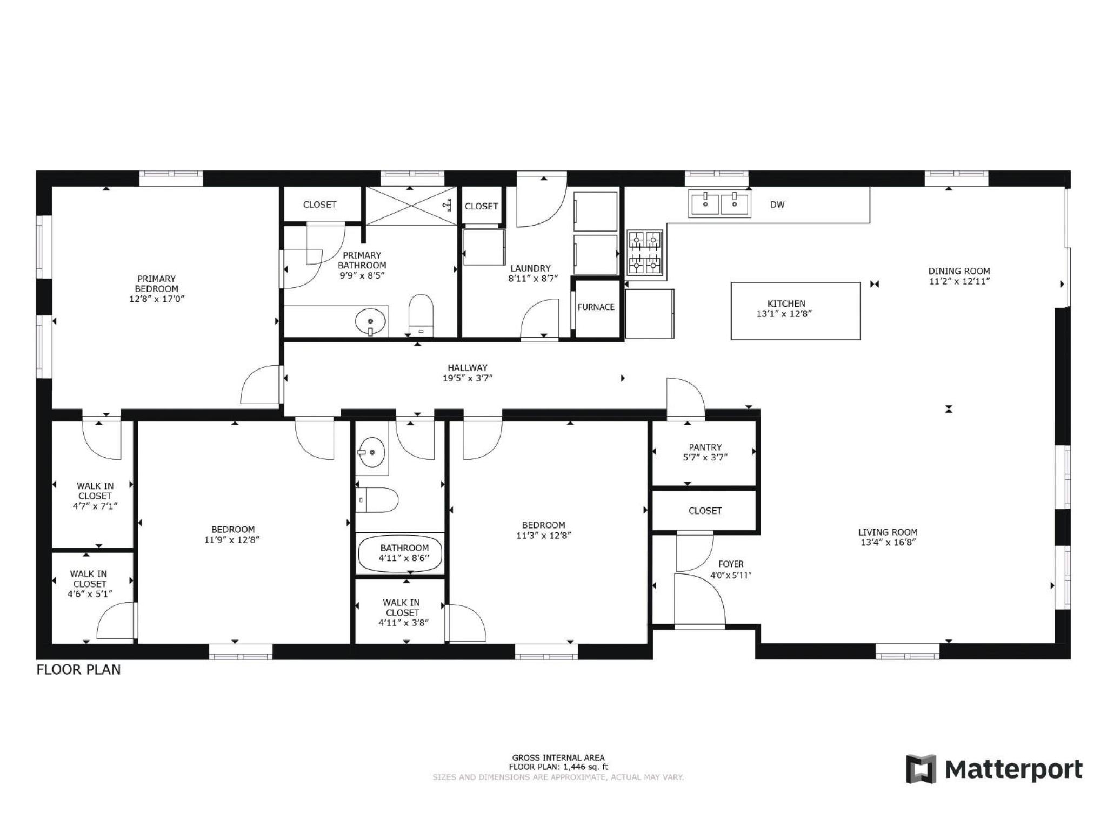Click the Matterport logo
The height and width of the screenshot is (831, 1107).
pyautogui.click(x=994, y=769)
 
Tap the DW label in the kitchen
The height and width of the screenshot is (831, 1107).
pyautogui.click(x=777, y=205)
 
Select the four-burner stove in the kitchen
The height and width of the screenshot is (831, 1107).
pyautogui.click(x=645, y=253)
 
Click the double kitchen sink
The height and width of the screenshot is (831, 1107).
pyautogui.click(x=719, y=205)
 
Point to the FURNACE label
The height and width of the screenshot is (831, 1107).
pyautogui.click(x=596, y=307)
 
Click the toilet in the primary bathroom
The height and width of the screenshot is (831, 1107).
pyautogui.click(x=422, y=315)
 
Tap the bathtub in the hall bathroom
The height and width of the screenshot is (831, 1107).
pyautogui.click(x=400, y=553)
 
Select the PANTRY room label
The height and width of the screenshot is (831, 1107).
pyautogui.click(x=705, y=447)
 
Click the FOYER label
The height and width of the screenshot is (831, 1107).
pyautogui.click(x=731, y=564)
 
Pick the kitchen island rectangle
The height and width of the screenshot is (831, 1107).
pyautogui.click(x=796, y=311)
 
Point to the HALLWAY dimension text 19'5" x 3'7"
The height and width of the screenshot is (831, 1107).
pyautogui.click(x=468, y=378)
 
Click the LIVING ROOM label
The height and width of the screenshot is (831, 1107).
pyautogui.click(x=888, y=532)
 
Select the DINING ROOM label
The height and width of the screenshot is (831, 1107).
pyautogui.click(x=959, y=271)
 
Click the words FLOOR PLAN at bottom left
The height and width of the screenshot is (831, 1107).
pyautogui.click(x=78, y=670)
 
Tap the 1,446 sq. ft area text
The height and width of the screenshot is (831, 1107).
pyautogui.click(x=586, y=767)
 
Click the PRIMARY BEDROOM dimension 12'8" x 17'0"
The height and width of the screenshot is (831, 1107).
pyautogui.click(x=157, y=299)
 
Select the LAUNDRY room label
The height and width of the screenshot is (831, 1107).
pyautogui.click(x=530, y=268)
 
